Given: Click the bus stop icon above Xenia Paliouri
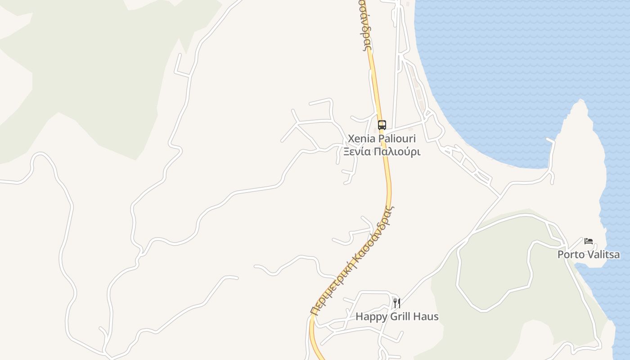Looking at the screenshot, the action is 382,125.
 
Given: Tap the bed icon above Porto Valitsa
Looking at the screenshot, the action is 588,241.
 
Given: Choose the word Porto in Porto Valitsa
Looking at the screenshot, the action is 570,254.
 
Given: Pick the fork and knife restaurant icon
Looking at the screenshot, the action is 396,303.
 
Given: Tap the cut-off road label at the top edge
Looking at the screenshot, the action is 364,25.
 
